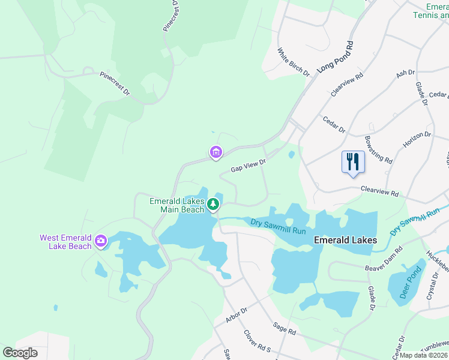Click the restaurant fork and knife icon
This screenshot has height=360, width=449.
(353, 162)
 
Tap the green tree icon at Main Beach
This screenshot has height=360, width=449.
(212, 205)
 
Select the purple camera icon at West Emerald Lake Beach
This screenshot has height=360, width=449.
(100, 242)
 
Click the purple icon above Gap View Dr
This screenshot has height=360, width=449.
(215, 152)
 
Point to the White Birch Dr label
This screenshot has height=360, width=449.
(294, 62)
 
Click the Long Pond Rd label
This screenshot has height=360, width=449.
(336, 57)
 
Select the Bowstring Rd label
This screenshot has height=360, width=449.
(378, 149)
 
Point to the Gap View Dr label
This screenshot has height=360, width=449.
(249, 163)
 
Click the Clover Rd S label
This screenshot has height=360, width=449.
(257, 343)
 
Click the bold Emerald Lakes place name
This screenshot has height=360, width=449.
(346, 240)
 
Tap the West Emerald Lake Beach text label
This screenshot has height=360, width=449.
(66, 242)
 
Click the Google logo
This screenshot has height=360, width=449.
(20, 353)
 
